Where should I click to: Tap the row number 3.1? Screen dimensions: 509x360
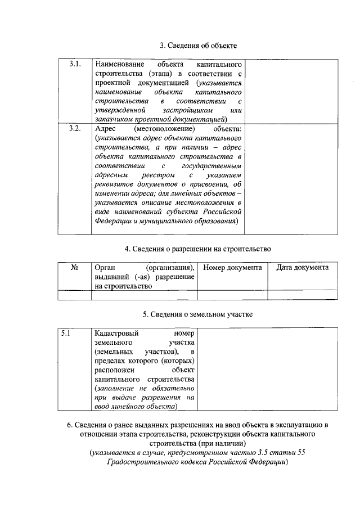pos(75,64)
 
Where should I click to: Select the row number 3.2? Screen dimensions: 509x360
pos(75,129)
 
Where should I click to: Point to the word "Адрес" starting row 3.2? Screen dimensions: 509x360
pos(105,129)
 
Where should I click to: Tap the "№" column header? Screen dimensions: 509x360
pos(74,268)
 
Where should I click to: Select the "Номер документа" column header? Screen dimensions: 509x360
pos(232,268)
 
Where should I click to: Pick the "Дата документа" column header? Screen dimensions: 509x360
pos(303,268)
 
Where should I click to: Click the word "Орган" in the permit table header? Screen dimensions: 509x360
pos(106,268)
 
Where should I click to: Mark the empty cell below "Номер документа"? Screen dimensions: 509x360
pos(232,294)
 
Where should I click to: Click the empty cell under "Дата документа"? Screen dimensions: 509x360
pos(303,294)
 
